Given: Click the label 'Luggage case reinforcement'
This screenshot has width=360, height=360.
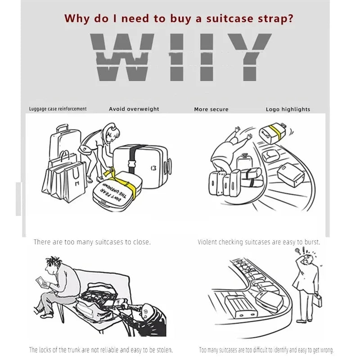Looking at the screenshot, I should pyautogui.click(x=58, y=109).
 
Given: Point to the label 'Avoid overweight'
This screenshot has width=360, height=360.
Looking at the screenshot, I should pyautogui.click(x=134, y=109).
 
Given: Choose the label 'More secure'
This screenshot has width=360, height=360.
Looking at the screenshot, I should pyautogui.click(x=211, y=109).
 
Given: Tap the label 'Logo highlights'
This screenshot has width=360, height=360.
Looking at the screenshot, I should pyautogui.click(x=288, y=109).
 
